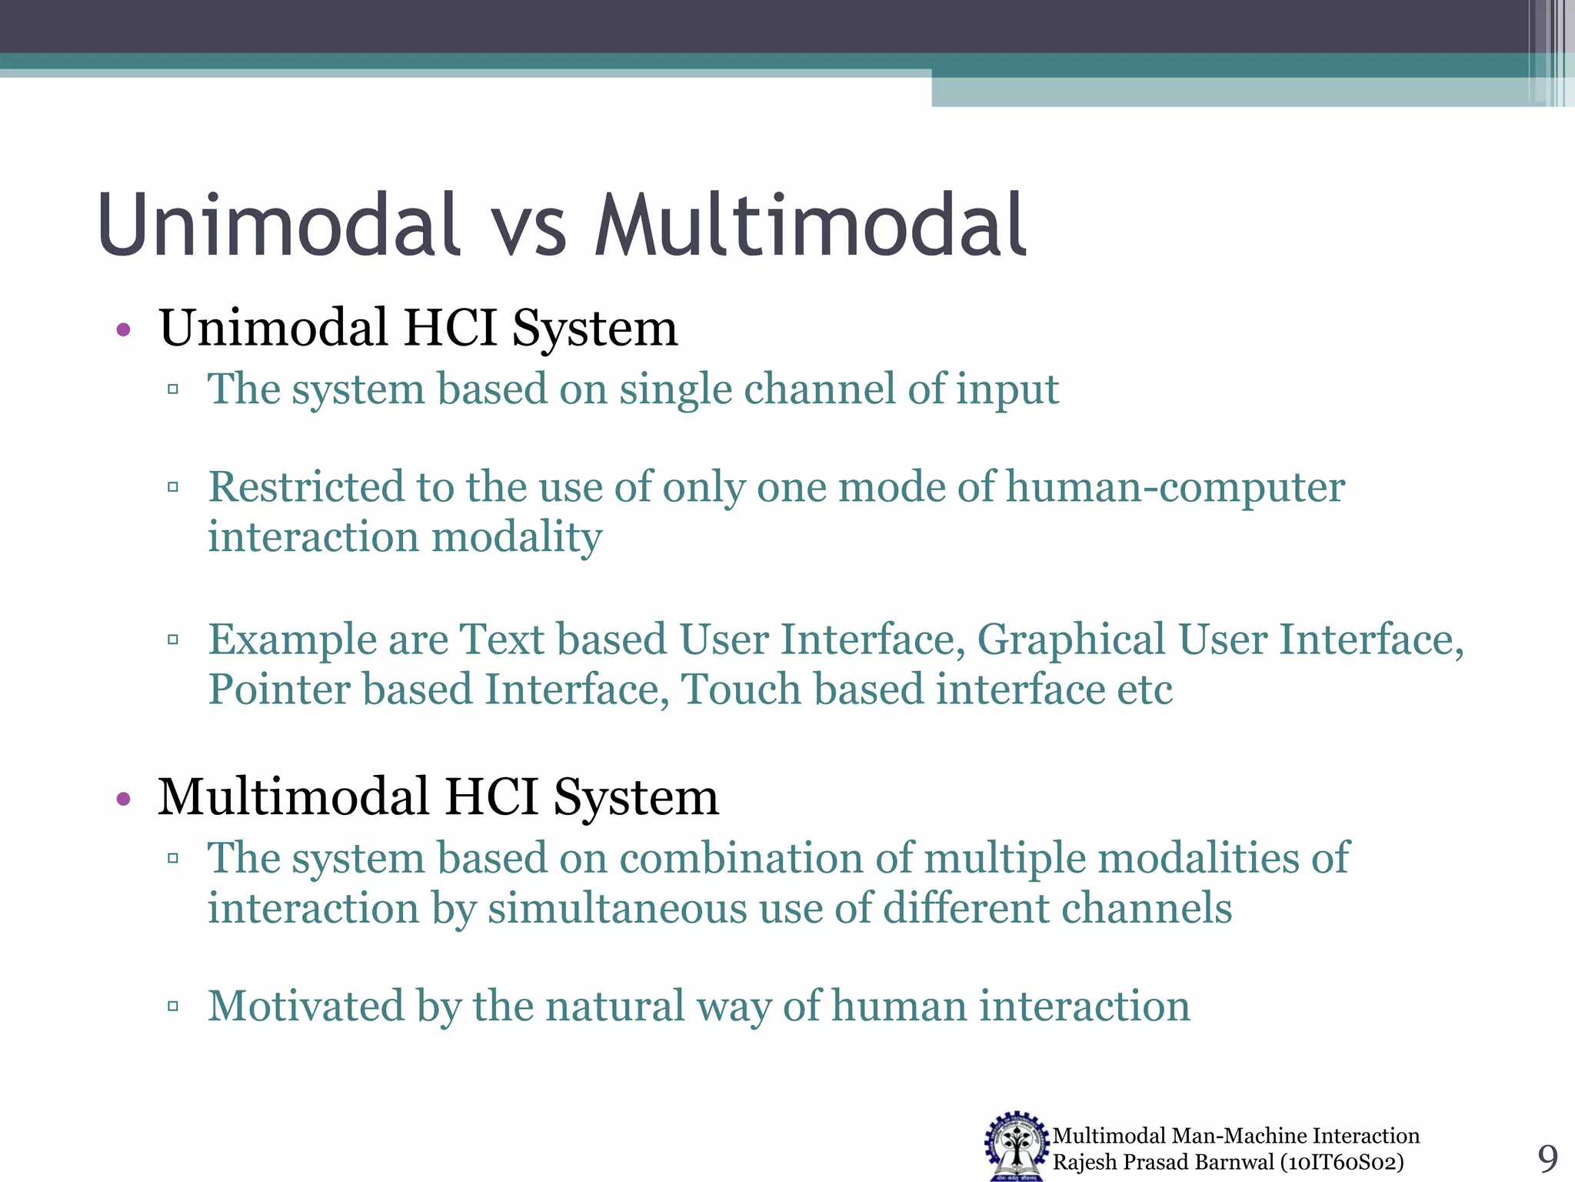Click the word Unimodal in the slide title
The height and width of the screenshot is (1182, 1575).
[278, 225]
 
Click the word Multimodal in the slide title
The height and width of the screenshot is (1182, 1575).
[811, 225]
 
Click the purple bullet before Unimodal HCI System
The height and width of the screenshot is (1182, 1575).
[123, 331]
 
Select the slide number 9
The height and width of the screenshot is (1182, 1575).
[1547, 1158]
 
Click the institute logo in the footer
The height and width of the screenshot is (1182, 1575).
[1017, 1146]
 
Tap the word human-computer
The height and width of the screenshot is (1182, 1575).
[1175, 487]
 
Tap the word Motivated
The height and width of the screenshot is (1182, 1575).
[306, 1006]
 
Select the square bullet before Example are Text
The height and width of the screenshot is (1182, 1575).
[173, 639]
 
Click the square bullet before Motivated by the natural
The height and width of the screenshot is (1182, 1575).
[173, 1006]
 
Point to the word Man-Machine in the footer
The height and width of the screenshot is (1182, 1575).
[1239, 1136]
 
